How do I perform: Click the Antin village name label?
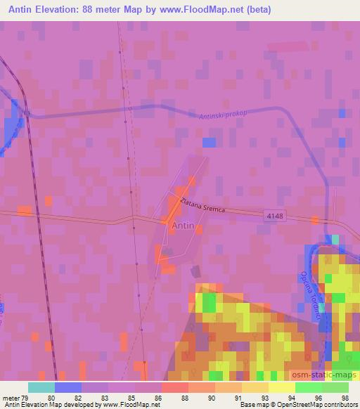[183, 226]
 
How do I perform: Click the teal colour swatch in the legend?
[41, 387]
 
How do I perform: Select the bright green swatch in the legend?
[308, 387]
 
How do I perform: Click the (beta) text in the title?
[256, 10]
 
